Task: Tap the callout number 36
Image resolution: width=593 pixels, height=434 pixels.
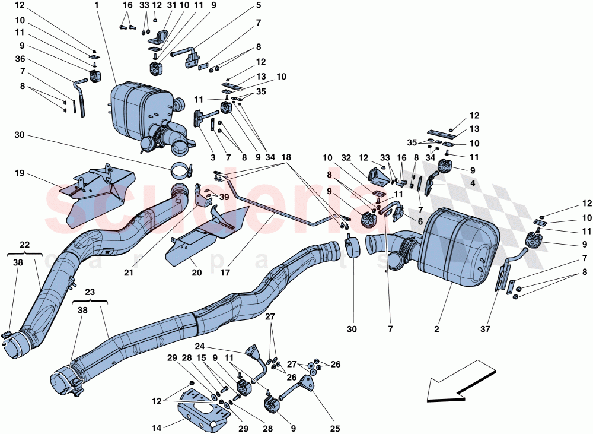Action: [x=20, y=59]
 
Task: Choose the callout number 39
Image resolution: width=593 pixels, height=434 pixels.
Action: [x=224, y=197]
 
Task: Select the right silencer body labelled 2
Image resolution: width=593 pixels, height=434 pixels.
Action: [x=457, y=243]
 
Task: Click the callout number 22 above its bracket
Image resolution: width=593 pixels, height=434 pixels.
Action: [x=24, y=245]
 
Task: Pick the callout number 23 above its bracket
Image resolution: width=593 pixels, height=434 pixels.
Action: [x=90, y=292]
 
